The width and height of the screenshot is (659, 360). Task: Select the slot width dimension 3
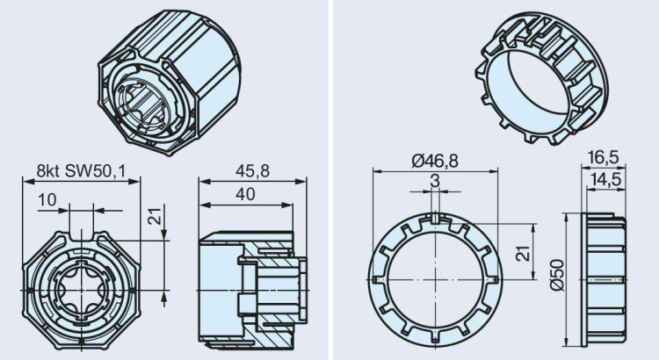pyautogui.click(x=436, y=179)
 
